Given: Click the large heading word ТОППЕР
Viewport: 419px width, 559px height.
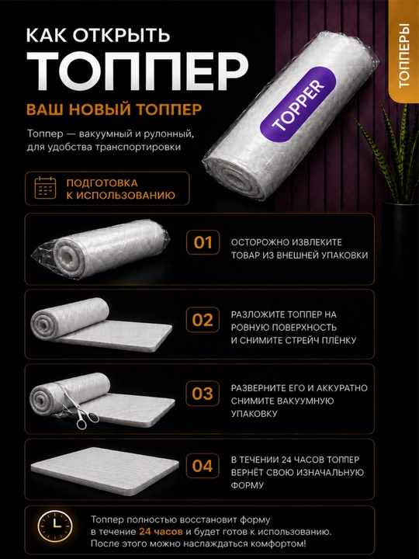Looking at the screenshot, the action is tap(137, 70).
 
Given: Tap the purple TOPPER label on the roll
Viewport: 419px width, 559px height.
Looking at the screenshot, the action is tap(298, 106).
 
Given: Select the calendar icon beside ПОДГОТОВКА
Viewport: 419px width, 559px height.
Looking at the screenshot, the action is tap(45, 188).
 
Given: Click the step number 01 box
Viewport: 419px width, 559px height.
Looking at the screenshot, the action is tap(203, 243).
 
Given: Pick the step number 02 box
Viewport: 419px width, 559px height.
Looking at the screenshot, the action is tap(203, 320).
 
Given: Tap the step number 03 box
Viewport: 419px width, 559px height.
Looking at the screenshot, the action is tap(203, 394).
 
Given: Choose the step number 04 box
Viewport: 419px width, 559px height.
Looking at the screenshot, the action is tap(203, 466).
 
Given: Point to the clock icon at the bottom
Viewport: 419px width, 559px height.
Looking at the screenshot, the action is tap(55, 526).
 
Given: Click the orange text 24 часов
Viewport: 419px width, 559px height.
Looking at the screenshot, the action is tap(161, 532).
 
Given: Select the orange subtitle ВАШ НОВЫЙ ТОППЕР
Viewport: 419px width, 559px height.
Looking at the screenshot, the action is tap(114, 109).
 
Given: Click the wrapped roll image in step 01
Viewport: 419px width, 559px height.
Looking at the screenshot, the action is tap(100, 249).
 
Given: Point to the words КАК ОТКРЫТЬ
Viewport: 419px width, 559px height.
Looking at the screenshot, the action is tap(98, 35).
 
